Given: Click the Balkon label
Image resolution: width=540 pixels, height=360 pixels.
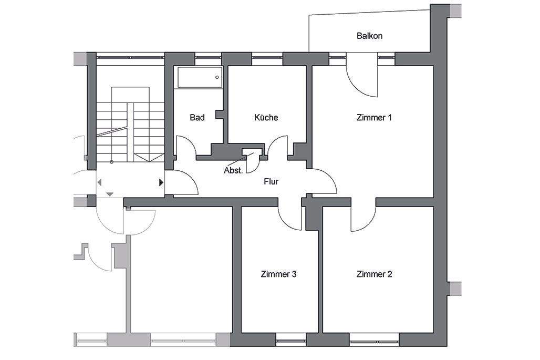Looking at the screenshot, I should click(369, 36).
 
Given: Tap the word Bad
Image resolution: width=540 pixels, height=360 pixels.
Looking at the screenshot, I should click(197, 118).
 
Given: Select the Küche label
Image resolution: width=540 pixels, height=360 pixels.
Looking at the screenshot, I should click(266, 118).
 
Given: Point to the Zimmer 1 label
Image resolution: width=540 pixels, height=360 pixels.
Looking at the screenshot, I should click(374, 118).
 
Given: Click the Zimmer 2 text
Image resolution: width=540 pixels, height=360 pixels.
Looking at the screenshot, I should click(374, 274).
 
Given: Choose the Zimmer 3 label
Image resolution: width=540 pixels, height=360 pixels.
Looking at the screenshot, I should click(279, 274).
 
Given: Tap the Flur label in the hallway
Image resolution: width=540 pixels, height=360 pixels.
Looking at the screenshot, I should click(271, 182).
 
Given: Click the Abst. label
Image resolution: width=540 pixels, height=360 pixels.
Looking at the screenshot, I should click(233, 170).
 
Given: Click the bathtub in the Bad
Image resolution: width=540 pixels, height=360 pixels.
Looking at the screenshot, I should click(200, 77).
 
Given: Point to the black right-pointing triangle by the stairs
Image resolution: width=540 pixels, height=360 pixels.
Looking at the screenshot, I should click(161, 182).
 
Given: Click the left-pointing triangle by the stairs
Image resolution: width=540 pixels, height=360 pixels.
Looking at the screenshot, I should click(100, 182).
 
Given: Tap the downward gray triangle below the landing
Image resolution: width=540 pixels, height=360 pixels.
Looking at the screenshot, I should click(109, 194).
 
